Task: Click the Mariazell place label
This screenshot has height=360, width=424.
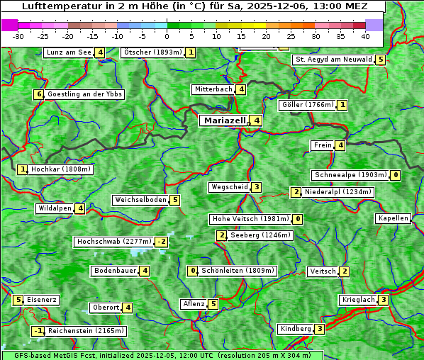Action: click(x=223, y=120)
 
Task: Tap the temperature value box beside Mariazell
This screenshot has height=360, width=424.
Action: click(x=256, y=120)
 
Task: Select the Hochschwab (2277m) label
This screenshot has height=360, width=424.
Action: click(x=113, y=242)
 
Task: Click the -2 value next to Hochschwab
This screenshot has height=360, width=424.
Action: click(x=162, y=242)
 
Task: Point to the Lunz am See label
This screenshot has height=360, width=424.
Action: click(x=69, y=52)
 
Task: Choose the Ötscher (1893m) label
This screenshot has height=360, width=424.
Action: click(x=152, y=52)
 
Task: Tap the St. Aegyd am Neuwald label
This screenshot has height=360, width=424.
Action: click(x=333, y=60)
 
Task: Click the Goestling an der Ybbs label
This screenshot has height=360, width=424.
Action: click(x=84, y=94)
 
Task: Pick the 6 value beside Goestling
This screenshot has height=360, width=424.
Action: click(x=38, y=94)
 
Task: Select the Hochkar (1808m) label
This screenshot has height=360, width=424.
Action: click(x=61, y=169)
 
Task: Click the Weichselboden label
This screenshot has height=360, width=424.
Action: click(x=140, y=200)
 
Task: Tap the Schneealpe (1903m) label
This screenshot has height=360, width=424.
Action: click(x=350, y=175)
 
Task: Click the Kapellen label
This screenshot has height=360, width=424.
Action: click(x=393, y=218)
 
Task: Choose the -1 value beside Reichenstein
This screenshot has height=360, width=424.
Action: click(x=38, y=331)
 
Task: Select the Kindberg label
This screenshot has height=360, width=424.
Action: click(x=295, y=329)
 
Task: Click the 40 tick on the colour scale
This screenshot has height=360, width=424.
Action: click(x=365, y=36)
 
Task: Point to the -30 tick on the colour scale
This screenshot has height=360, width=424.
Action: click(x=18, y=36)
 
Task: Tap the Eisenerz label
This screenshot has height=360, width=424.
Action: click(x=42, y=300)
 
